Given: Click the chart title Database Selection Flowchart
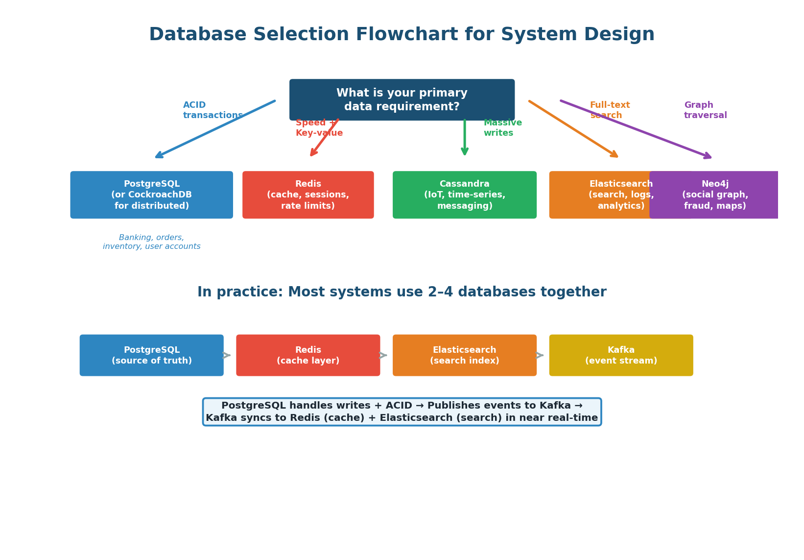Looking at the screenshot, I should click(402, 35).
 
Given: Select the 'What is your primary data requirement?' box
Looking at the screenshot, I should click(402, 100).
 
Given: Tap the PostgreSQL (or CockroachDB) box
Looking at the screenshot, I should click(151, 195).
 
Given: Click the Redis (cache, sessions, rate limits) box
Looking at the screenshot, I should click(308, 195).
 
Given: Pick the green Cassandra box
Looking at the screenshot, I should click(464, 195).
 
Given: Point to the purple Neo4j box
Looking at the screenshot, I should click(715, 195).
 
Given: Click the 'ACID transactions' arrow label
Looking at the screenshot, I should click(213, 111).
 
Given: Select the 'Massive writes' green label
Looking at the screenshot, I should click(502, 128).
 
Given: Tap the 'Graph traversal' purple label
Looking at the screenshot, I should click(705, 111).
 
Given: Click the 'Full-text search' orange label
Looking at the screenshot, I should click(610, 111).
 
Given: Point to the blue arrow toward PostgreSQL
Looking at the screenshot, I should click(215, 129).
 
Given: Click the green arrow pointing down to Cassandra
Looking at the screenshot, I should click(464, 137).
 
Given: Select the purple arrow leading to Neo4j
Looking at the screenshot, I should click(637, 129).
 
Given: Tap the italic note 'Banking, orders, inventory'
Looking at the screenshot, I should click(151, 242).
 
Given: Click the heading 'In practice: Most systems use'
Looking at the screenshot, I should click(402, 292).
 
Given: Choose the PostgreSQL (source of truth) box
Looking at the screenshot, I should click(151, 356).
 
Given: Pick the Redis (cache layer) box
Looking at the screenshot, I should click(308, 356).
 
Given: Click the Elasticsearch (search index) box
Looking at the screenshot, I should click(464, 356).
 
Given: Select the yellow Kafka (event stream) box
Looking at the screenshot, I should click(621, 356).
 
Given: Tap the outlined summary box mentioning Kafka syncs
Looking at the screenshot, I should click(402, 412).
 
